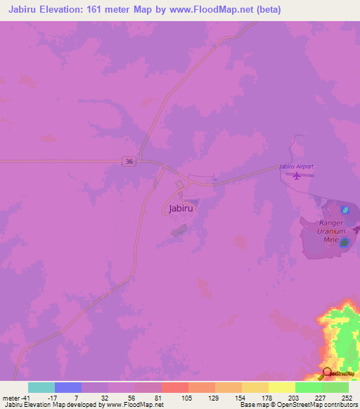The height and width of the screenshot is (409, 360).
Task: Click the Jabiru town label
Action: [181, 208]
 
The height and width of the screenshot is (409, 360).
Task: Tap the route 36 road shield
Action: [127, 161]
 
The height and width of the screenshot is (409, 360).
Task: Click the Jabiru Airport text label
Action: [296, 167]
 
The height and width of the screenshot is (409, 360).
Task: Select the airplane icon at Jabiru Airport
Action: [296, 175]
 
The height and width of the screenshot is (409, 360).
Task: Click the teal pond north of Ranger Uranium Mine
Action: [345, 210]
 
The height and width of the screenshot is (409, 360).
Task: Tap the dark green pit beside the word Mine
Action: [345, 241]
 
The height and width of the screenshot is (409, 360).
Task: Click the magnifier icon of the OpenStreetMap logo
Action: [326, 373]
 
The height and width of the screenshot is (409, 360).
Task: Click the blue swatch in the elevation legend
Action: [67, 387]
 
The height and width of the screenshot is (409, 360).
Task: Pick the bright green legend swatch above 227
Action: [308, 387]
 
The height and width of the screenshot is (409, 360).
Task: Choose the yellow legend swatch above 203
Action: [281, 387]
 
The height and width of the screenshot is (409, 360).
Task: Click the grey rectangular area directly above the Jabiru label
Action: [179, 184]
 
